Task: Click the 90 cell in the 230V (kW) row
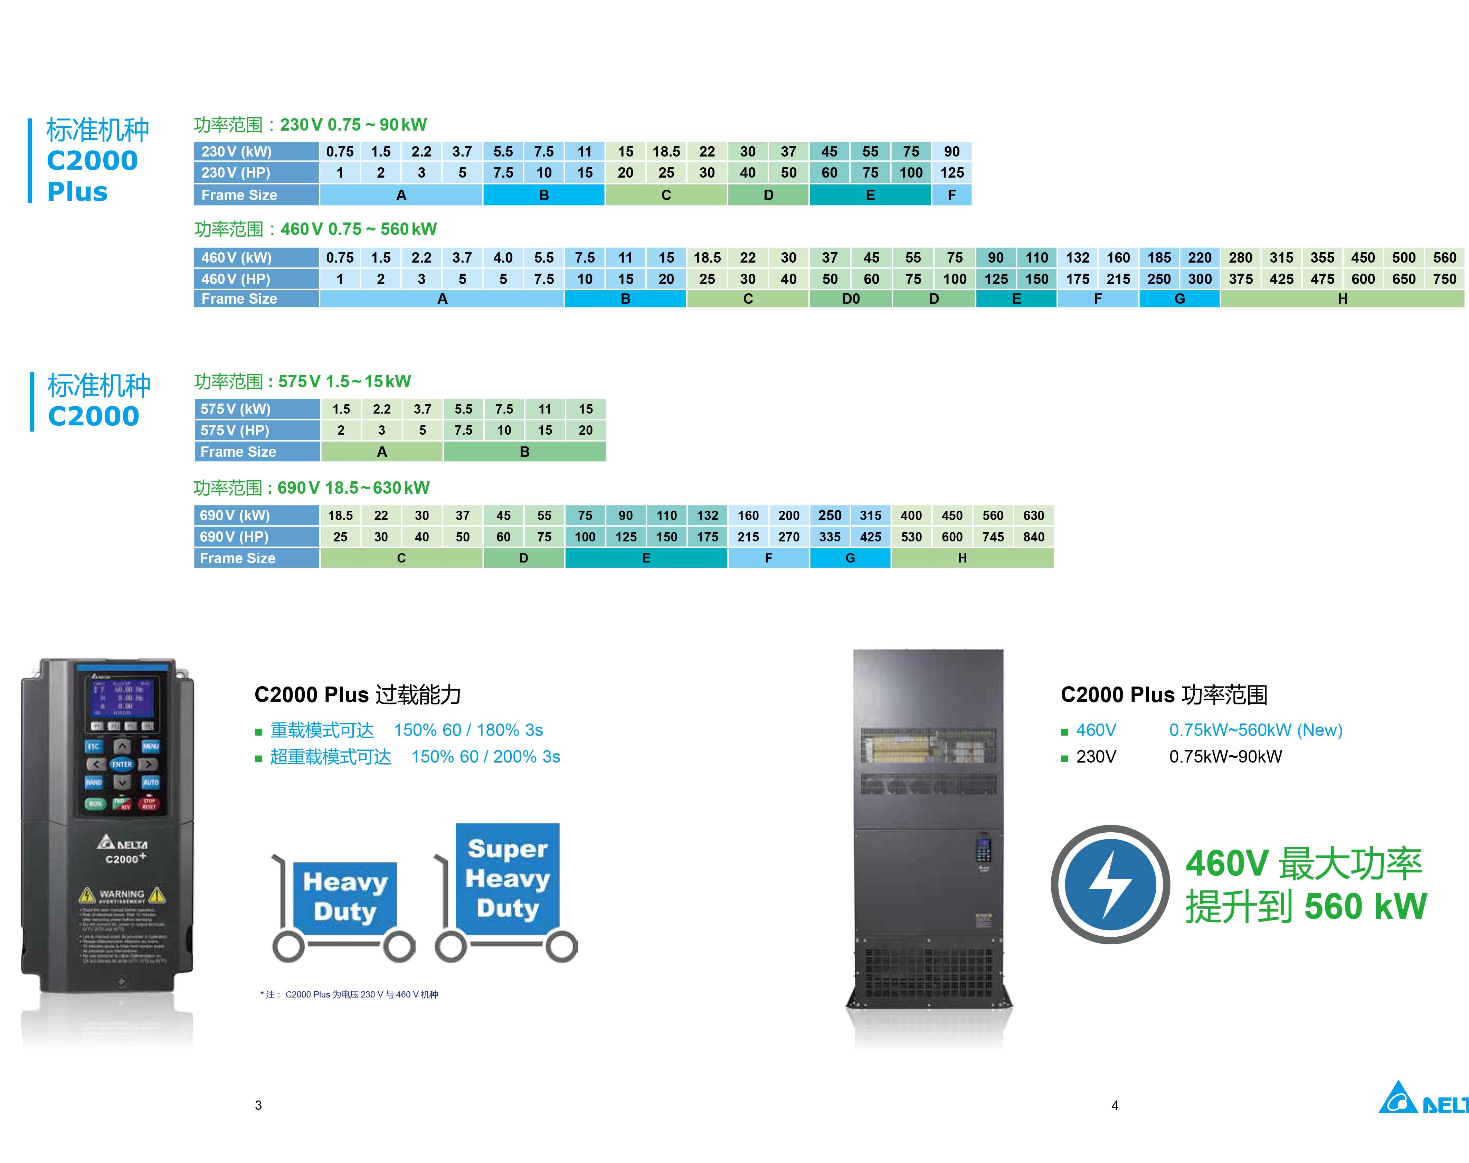pos(952,151)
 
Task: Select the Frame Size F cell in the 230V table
pos(952,195)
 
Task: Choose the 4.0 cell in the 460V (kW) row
pos(503,257)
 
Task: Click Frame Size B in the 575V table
pos(524,452)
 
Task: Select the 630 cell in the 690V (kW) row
pos(1033,516)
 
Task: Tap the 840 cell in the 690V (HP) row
pos(1033,537)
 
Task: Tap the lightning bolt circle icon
pos(1110,885)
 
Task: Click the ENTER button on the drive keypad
pos(122,764)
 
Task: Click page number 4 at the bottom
pos(1114,1105)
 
